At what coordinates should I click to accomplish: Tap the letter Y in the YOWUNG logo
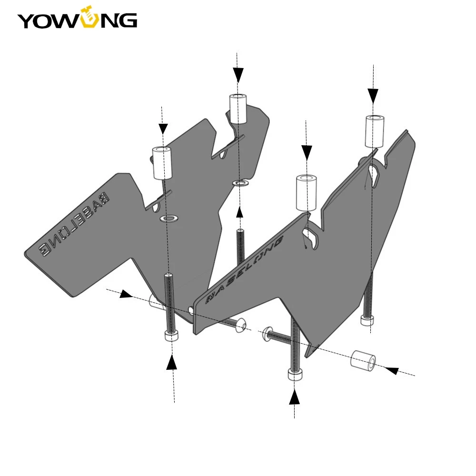click(27, 20)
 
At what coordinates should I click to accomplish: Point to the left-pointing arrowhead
click(391, 370)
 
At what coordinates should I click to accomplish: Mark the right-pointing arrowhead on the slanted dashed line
click(126, 295)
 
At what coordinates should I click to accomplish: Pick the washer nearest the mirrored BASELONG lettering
click(169, 218)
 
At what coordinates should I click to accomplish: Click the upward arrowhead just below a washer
click(239, 212)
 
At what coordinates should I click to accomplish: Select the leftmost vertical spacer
click(162, 163)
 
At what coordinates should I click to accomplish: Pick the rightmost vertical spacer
click(375, 131)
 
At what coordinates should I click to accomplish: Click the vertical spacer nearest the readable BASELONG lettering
click(306, 192)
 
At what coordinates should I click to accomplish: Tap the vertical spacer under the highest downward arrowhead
click(238, 109)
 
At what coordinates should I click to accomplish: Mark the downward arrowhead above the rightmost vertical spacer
click(373, 95)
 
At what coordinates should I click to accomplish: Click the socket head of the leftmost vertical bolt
click(172, 336)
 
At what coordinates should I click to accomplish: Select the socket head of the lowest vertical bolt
click(295, 375)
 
